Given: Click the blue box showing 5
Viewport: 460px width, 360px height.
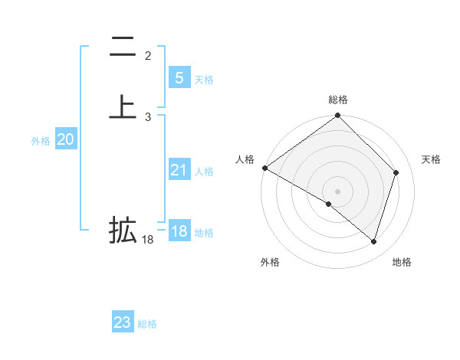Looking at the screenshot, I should [179, 78].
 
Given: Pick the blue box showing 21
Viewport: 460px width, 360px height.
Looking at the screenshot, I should [179, 170].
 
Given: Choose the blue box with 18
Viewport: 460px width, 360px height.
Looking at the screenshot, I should [179, 231].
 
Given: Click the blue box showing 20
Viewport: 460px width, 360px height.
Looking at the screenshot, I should [65, 139].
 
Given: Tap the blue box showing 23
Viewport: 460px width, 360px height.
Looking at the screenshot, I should [123, 322].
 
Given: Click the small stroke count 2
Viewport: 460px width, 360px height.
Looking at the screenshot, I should [148, 56].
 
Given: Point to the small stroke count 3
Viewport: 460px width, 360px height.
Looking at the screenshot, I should [148, 117].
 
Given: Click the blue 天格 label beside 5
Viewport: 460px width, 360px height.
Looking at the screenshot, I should [204, 80].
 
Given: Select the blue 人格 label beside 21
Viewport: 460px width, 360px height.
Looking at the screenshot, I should [204, 172].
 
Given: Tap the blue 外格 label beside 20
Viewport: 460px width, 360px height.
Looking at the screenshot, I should [41, 141].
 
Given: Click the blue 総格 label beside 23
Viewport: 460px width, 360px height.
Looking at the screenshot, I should [147, 324].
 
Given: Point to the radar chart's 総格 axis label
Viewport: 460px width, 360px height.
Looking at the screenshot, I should [338, 100].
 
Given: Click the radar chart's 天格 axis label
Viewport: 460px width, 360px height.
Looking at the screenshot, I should [431, 159].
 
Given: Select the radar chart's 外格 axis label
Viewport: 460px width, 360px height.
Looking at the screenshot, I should [270, 262].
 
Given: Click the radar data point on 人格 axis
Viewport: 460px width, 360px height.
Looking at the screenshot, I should [264, 168].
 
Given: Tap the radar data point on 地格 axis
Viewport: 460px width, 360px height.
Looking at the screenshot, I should [373, 241].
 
